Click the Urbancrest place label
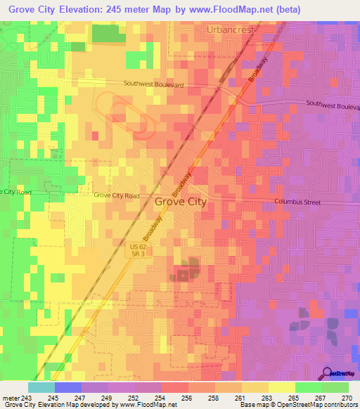point(231,30)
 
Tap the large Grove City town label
point(180,202)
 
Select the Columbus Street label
point(297,202)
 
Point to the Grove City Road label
point(116,195)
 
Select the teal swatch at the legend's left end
point(41,387)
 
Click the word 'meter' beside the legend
point(11,398)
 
